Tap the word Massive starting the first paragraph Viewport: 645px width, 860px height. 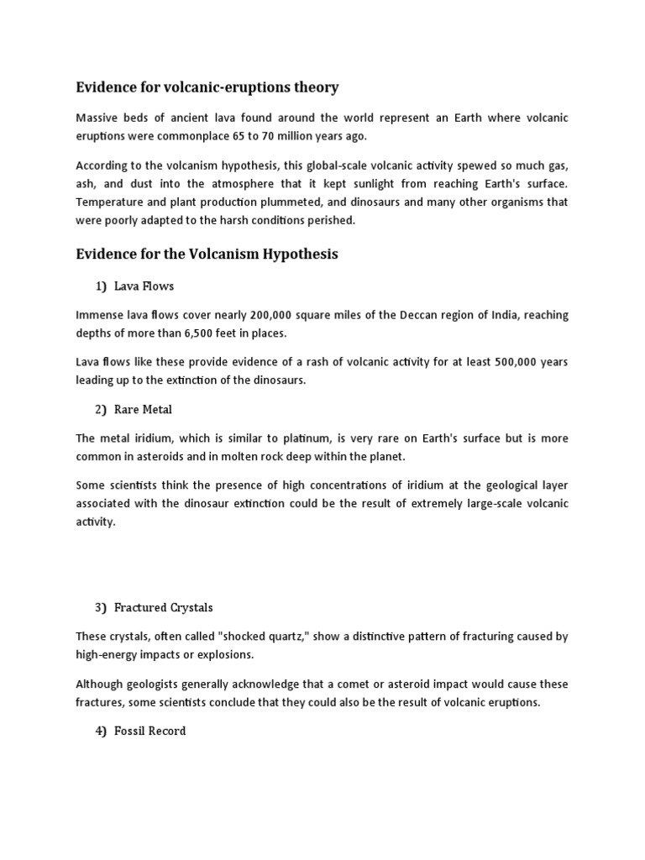(98, 118)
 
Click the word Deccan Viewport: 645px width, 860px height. (412, 315)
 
